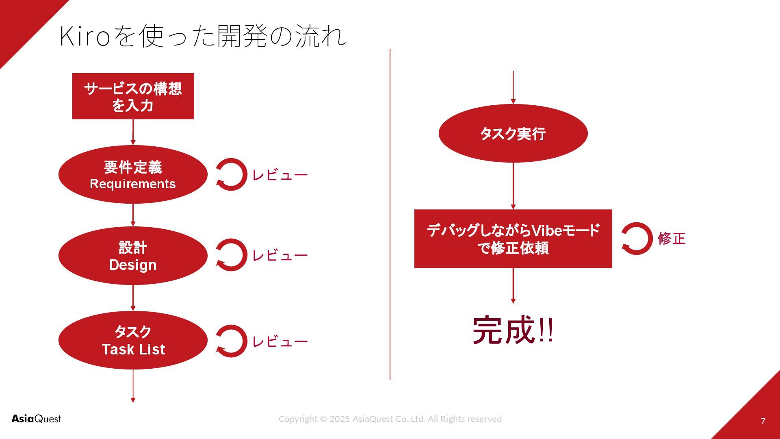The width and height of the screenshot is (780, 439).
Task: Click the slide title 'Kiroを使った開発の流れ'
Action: pos(202,36)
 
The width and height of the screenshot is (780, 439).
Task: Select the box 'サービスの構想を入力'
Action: pos(133,96)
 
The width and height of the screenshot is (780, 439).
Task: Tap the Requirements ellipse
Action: pos(133,174)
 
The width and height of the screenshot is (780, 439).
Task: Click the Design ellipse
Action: pos(133,256)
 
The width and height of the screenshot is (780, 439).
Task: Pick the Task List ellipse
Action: pos(133,340)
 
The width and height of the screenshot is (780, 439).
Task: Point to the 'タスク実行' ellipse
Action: pos(513,133)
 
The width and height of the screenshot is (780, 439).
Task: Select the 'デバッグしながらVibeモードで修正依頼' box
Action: pos(513,239)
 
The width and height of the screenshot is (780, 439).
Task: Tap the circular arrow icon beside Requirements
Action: pos(231,174)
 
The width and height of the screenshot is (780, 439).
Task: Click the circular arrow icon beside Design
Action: pos(231,255)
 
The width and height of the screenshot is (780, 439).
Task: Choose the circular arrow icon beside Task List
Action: pos(231,341)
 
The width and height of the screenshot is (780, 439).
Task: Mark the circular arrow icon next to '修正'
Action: pos(636,239)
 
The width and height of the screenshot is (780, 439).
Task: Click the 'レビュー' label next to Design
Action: pos(280,256)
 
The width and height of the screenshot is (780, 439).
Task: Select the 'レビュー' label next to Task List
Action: pos(280,341)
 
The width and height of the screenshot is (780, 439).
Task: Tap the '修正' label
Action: pos(672,238)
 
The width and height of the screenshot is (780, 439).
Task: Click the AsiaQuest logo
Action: pos(36,419)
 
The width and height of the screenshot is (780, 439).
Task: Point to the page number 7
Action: pos(763,421)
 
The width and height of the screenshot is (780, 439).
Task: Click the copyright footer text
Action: pos(390,419)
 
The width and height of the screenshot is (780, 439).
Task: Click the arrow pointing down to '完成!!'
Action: pos(513,285)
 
